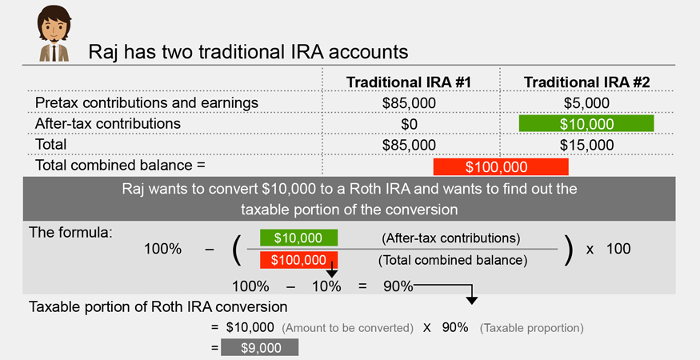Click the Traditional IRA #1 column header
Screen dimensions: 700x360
pos(409,82)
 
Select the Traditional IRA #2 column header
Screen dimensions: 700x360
pos(586,82)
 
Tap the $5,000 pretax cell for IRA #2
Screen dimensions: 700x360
pos(586,102)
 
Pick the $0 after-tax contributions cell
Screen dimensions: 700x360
pos(409,124)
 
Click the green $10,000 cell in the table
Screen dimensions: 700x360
pos(586,124)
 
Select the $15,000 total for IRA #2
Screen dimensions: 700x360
pos(586,145)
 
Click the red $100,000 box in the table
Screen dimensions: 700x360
pos(501,166)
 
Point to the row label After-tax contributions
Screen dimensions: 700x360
pos(107,123)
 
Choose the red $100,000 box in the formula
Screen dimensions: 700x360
pos(298,260)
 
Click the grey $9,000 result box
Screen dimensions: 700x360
pos(259,347)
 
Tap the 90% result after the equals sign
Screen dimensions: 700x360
pos(398,286)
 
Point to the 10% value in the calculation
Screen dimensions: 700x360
pos(326,286)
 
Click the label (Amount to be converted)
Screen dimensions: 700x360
pos(347,328)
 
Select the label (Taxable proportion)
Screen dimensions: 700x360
pos(532,328)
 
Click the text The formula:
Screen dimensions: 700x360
pos(70,232)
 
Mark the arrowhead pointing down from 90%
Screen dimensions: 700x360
pos(471,300)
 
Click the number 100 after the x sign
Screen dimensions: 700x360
pos(618,249)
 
